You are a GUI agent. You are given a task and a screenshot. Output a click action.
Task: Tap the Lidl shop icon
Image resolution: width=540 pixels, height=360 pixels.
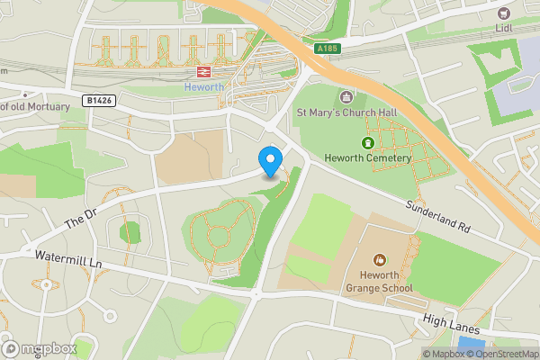click(x=503, y=13)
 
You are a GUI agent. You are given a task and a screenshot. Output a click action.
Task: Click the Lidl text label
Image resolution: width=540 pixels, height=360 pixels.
click(x=503, y=28)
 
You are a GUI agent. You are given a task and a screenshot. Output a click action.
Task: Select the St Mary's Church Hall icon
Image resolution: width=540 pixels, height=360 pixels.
click(x=346, y=97)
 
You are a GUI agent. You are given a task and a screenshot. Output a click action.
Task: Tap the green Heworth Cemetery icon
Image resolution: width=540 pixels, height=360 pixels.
click(x=367, y=143)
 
